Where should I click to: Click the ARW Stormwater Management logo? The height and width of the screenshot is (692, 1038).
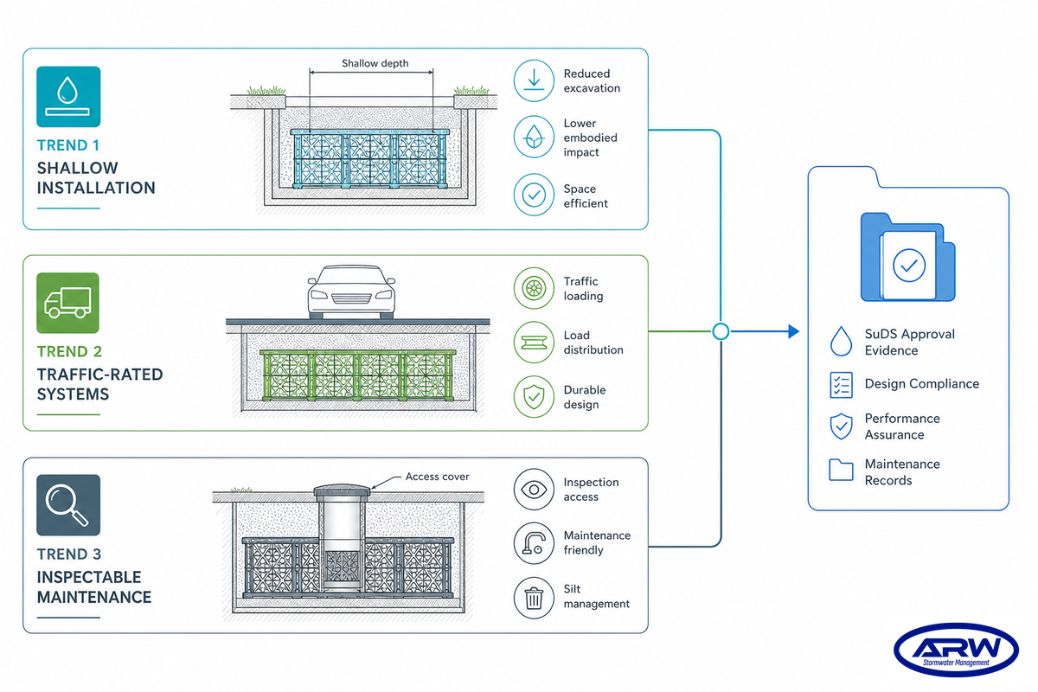(x=956, y=650)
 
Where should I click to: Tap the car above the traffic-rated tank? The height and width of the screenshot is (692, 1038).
(x=351, y=292)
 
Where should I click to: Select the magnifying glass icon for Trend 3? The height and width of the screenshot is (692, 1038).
(x=68, y=505)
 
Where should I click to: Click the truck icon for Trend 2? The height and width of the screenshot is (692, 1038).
(x=67, y=303)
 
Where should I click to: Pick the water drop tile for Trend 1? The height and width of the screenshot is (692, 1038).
(x=68, y=96)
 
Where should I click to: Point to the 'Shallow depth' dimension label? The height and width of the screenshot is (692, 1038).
(x=375, y=63)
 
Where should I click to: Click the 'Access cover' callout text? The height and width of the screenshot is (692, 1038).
(x=437, y=477)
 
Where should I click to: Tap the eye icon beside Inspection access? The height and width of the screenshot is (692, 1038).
(x=534, y=490)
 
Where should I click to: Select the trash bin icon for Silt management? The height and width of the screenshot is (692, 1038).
(x=534, y=598)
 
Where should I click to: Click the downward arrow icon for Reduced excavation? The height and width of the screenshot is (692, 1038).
(x=534, y=80)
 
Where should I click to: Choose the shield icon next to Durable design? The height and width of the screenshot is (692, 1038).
(x=534, y=397)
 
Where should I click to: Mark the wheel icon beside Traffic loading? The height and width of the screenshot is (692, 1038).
(x=534, y=288)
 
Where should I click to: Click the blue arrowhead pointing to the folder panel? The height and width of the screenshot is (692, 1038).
(x=794, y=331)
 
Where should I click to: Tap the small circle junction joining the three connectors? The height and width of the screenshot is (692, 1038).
(x=721, y=331)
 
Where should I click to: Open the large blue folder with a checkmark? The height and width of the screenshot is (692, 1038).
(x=907, y=257)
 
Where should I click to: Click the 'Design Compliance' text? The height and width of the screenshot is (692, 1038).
(x=922, y=384)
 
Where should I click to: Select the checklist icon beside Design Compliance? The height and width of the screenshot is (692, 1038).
(x=841, y=385)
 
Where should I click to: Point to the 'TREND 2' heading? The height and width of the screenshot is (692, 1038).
(x=69, y=351)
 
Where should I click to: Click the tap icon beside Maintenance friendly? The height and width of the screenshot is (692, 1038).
(x=534, y=543)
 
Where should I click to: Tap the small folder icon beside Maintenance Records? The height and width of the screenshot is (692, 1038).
(x=841, y=470)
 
